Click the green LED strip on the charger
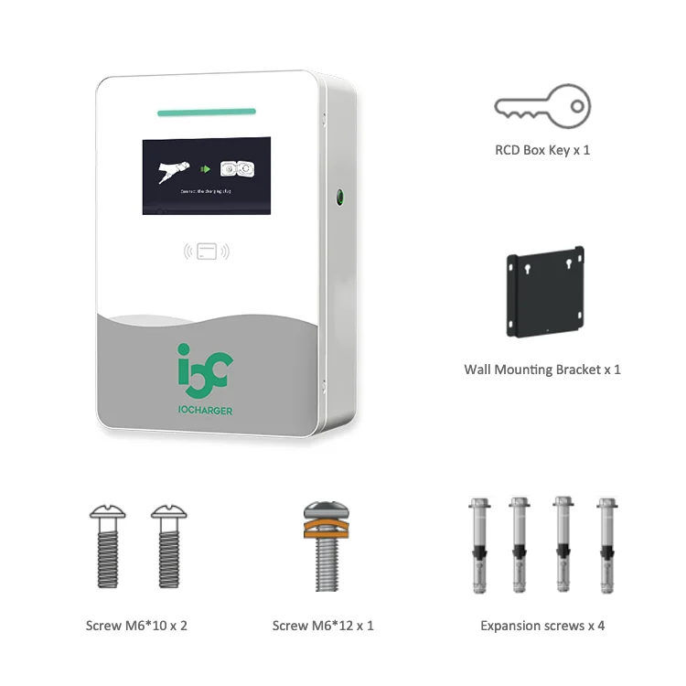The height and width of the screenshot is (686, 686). click(206, 113)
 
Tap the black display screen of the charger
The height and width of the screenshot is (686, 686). click(206, 176)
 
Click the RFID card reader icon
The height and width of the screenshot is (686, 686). click(207, 251)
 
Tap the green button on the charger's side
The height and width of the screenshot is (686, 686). click(339, 196)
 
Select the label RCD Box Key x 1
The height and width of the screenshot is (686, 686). click(542, 149)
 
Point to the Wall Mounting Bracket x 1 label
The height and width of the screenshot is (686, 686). click(542, 370)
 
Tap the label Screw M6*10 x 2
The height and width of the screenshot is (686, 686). click(136, 626)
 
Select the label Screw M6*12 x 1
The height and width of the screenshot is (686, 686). click(323, 626)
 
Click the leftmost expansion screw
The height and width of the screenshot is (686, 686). click(477, 545)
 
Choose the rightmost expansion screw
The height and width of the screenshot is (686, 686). click(606, 545)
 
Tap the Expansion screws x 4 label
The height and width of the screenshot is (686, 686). click(542, 626)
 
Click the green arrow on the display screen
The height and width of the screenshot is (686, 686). click(206, 168)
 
